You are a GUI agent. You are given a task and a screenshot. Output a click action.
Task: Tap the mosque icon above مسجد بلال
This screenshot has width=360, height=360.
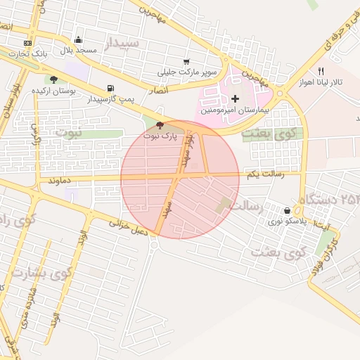78,40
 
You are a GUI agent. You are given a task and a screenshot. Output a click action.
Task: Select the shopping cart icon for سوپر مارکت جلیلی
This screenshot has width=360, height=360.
186,62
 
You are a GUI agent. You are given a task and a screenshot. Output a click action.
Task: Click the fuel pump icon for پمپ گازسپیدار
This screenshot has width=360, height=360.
110,89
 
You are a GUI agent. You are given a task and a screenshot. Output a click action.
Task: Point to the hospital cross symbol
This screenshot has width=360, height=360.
235,98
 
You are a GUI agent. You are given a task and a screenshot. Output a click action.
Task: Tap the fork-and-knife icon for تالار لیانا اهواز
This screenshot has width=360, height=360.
321,71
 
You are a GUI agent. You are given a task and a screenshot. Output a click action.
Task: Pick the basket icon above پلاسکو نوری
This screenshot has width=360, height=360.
287,211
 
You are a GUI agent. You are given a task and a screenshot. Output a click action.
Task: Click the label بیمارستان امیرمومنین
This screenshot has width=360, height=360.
235,110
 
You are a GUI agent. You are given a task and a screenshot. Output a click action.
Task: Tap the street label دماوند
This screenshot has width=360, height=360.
62,181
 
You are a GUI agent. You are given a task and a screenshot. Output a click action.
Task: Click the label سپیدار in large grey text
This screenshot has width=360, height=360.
127,44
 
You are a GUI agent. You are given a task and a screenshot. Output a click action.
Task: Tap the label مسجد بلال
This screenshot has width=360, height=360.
77,51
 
